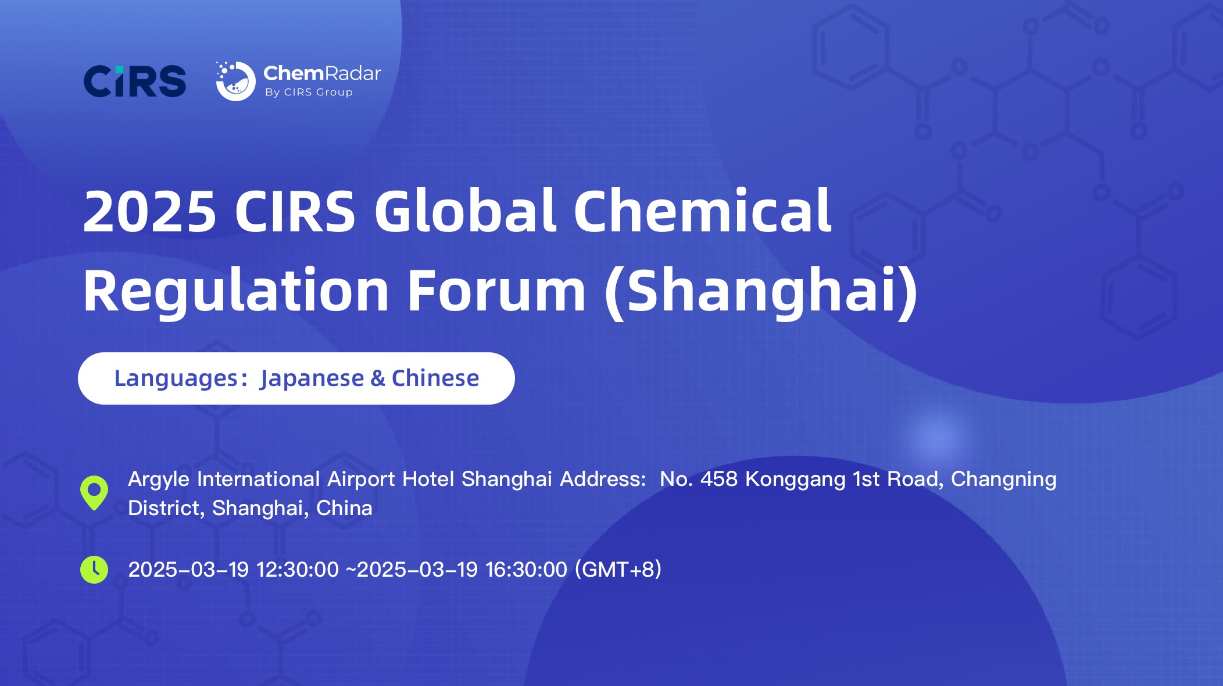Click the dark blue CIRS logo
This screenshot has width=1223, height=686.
(135, 81)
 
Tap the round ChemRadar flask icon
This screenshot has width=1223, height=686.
(235, 81)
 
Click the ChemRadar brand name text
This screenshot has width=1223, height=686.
(322, 73)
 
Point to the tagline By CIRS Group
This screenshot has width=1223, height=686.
(309, 92)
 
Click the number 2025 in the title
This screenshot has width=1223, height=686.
(150, 212)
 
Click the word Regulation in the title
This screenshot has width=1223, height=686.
(235, 291)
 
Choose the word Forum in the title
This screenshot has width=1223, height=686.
(496, 291)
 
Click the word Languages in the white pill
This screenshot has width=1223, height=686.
(176, 378)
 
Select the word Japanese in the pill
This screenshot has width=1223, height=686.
(312, 378)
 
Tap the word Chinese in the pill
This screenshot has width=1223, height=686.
(435, 378)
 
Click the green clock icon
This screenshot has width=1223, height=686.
(94, 570)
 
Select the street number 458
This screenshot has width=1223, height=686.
(718, 479)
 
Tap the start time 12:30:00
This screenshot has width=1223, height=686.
(297, 570)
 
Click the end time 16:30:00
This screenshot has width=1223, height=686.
(526, 570)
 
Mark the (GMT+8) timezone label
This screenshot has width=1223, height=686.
(618, 570)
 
